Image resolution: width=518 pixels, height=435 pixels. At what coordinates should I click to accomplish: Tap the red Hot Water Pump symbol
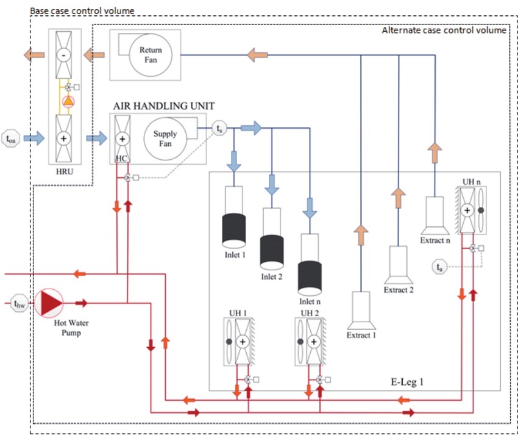[49, 303]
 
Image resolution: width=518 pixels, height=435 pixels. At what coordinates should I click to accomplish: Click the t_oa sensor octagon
[10, 138]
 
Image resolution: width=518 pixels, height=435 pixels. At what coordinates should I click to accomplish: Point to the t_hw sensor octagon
[19, 303]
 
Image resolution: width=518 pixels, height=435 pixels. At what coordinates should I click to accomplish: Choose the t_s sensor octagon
[219, 128]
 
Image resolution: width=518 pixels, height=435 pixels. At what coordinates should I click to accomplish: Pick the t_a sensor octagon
[440, 267]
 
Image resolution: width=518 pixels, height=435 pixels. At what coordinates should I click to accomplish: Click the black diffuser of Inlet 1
[234, 231]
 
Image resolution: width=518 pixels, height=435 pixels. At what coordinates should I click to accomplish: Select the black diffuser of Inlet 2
[272, 253]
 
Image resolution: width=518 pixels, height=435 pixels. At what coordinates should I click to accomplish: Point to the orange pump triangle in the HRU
[68, 101]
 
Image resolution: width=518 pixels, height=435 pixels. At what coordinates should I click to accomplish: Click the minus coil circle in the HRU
[63, 55]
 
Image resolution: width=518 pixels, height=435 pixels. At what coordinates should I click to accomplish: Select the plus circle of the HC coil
[122, 138]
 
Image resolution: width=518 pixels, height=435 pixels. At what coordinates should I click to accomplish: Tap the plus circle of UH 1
[243, 342]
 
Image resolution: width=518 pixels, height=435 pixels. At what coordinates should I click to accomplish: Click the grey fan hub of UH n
[481, 210]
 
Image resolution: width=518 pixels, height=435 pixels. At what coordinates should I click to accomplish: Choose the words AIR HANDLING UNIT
[164, 106]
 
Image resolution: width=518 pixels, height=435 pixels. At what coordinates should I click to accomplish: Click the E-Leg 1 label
[407, 382]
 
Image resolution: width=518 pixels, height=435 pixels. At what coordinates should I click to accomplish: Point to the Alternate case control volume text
[444, 31]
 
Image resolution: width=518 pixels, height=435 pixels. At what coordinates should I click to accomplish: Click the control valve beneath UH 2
[319, 379]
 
